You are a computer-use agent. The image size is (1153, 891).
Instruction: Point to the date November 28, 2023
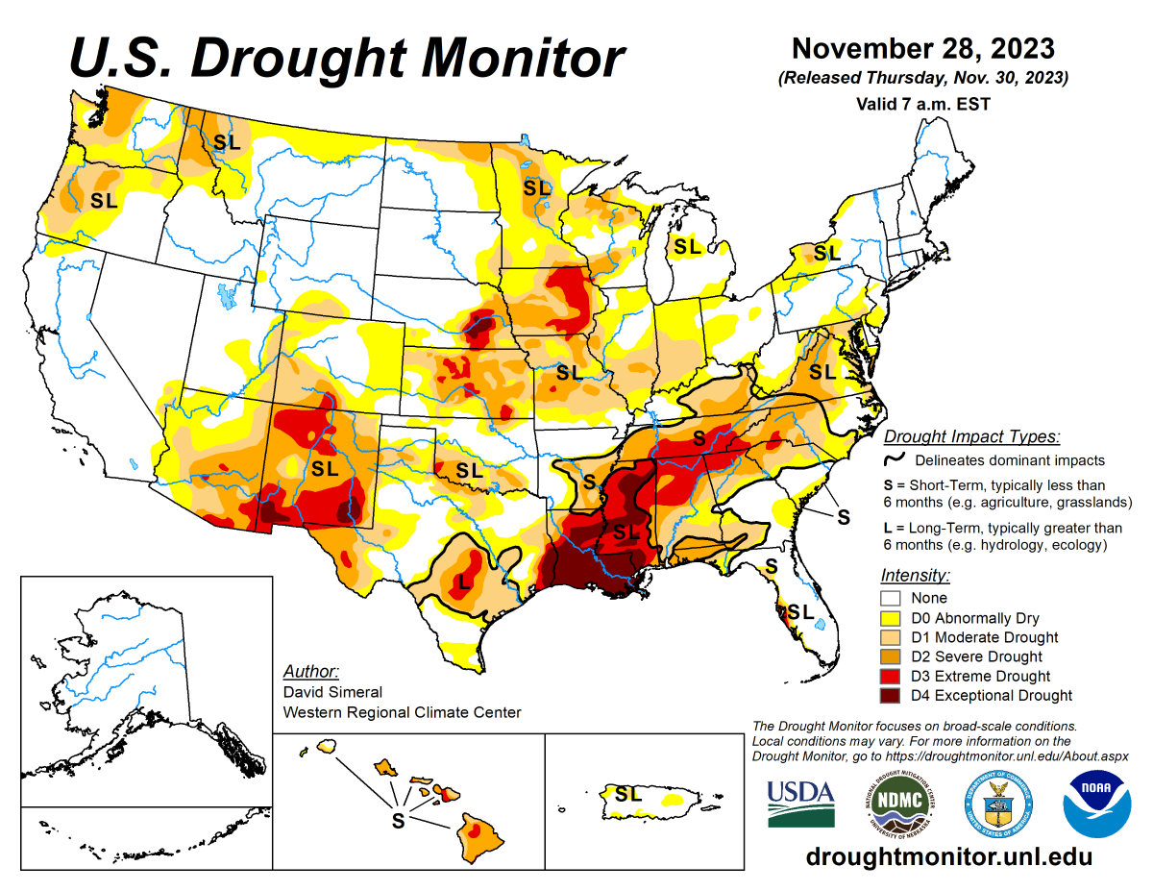pos(923,48)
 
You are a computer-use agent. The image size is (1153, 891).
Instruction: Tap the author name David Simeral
pos(332,692)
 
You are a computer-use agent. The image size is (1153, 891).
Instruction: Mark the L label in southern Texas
pos(464,581)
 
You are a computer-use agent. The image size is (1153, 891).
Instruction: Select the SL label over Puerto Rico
pos(628,795)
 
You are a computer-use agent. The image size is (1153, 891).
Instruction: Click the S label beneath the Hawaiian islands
pos(397,821)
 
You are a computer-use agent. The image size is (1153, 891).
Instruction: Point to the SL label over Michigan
pos(687,247)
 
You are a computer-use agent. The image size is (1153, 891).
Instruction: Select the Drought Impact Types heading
pos(971,436)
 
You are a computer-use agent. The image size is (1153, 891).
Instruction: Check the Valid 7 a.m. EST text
pos(922,103)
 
